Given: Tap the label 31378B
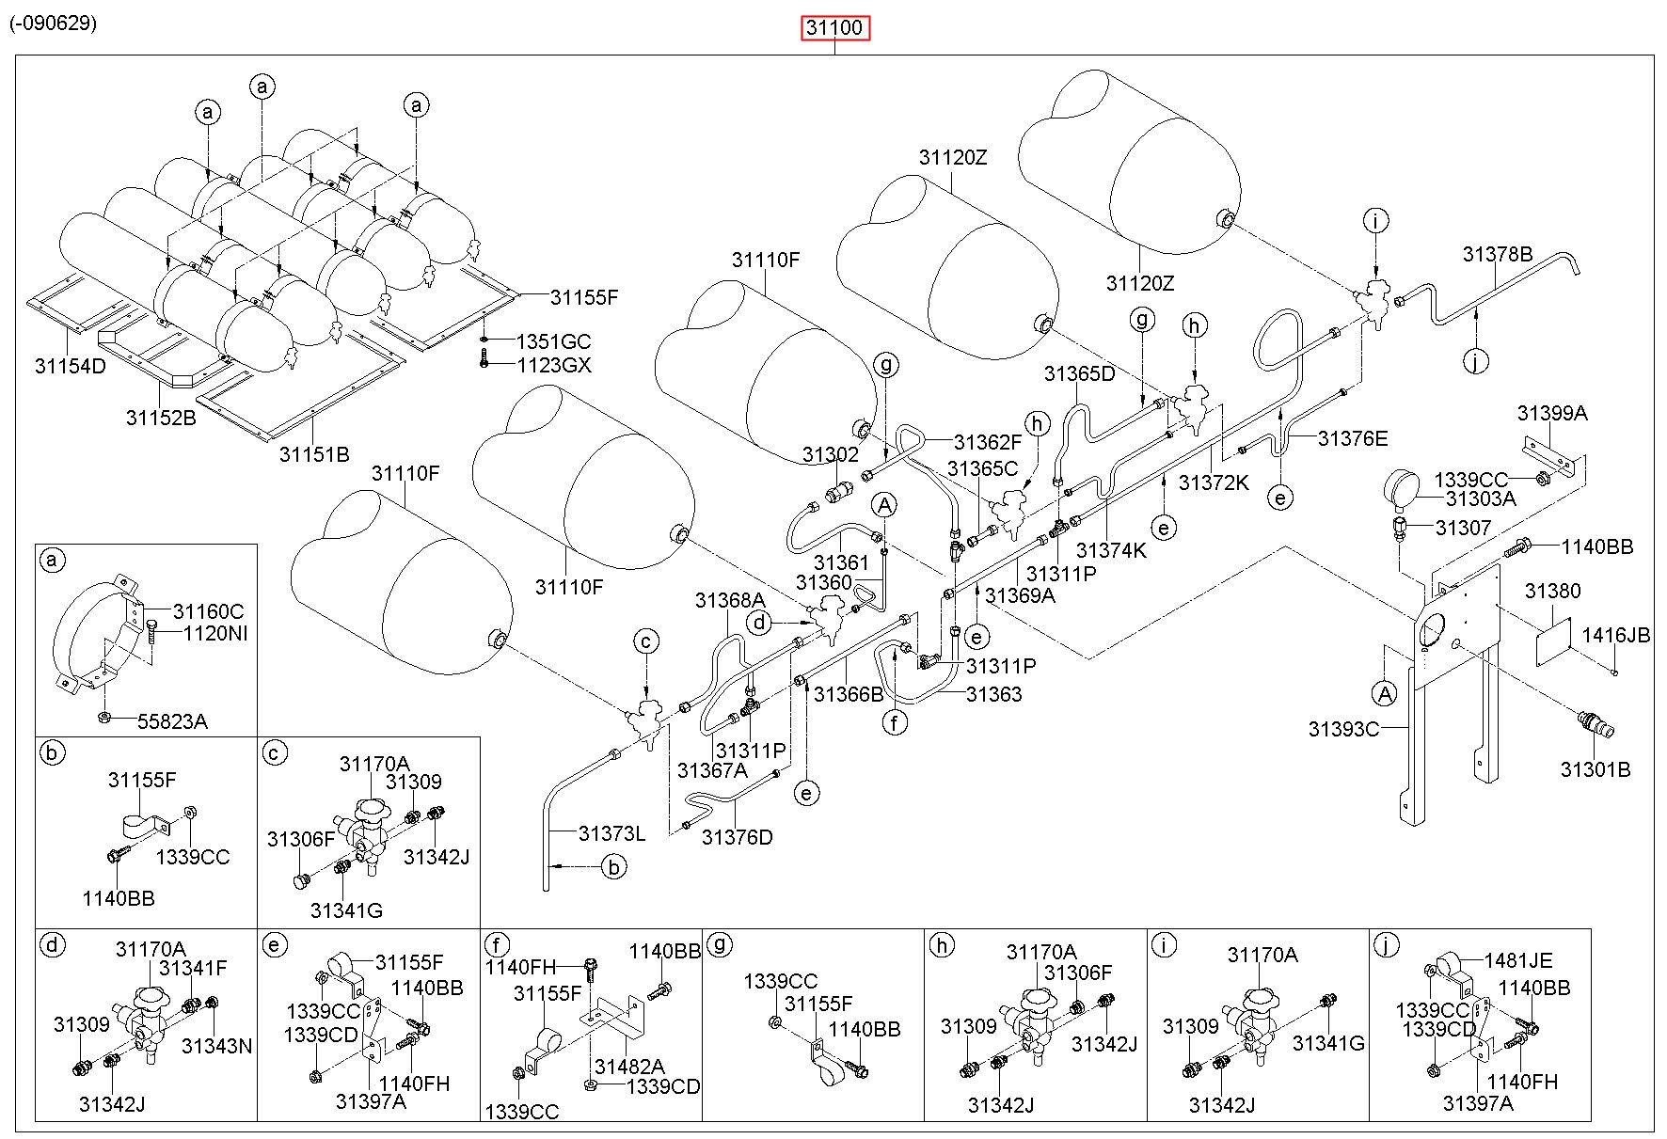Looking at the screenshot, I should pos(1498,254).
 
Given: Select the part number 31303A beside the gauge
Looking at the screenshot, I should pos(1481,499).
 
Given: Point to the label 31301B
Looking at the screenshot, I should pos(1596,769).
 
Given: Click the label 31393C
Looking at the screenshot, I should pos(1343,729).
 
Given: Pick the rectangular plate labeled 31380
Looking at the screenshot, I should pos(1553,641).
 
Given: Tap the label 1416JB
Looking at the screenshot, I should pos(1616,636).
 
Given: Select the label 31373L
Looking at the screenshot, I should pos(612,833).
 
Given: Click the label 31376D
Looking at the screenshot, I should pos(737,837).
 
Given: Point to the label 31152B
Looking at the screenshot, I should pos(161,418).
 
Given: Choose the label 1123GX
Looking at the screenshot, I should pos(554,365).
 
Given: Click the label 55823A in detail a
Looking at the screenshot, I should pos(172,721).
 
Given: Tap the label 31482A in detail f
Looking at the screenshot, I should pos(629,1066).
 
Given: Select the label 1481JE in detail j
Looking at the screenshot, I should pos(1518,960).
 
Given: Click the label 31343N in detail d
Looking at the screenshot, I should pos(216,1046).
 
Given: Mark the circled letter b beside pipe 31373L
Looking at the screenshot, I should pos(613,866).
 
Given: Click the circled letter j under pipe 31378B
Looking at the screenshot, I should pos(1477,360).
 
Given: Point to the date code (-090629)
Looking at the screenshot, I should pos(54,24).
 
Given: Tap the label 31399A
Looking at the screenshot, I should pos(1552,413).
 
